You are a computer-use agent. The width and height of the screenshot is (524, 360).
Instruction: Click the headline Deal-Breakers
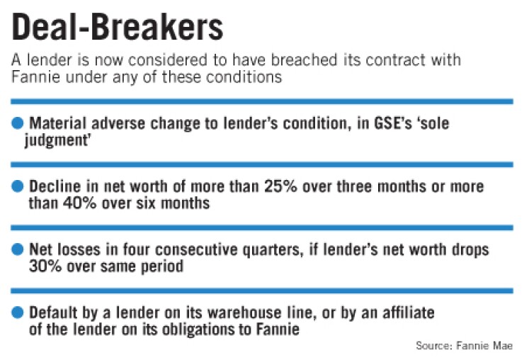118,27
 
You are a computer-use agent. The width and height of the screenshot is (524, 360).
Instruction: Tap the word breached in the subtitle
304,60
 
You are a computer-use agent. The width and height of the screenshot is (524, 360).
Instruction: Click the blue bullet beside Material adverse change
18,123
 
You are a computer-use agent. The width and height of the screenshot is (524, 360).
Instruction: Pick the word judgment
57,140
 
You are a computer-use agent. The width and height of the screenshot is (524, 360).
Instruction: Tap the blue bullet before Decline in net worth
18,186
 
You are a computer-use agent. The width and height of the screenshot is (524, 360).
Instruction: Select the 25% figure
280,186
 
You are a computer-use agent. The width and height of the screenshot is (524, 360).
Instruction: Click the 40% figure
79,203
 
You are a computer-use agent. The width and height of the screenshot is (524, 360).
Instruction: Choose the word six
146,203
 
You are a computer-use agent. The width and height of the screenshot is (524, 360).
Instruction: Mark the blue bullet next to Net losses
18,249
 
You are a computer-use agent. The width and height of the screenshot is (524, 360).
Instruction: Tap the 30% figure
45,266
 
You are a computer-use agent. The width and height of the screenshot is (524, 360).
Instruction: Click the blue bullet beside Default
18,313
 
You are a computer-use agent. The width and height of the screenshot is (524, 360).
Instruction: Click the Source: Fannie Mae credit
465,346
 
